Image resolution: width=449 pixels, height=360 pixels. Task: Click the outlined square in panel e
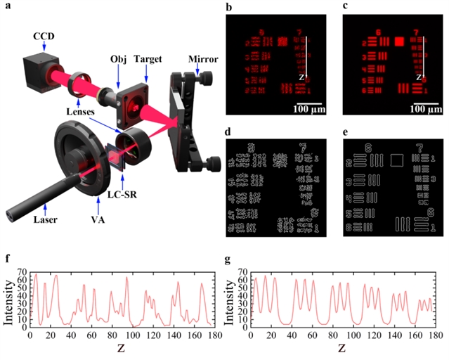[396, 160]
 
